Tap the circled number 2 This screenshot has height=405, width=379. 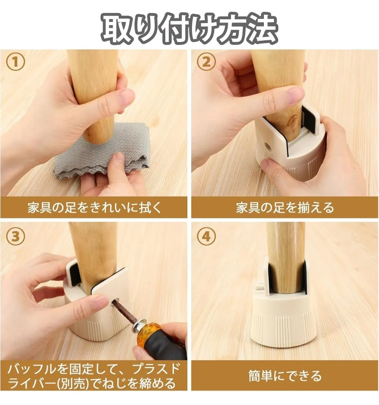[206, 62]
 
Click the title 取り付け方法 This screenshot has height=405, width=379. [189, 28]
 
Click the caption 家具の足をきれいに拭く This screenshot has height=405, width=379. [94, 207]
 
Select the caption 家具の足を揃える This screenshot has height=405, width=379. [285, 207]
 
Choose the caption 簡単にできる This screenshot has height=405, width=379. [285, 376]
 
